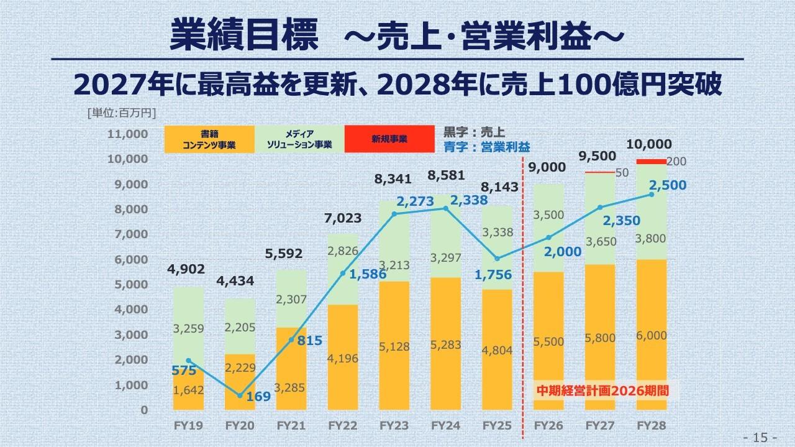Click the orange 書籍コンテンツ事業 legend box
209,139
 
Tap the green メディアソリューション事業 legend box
299,139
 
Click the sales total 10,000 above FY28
649,144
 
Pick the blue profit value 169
258,395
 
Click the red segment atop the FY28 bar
652,162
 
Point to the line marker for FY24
445,208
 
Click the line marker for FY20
240,395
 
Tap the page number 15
760,438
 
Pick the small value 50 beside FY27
622,172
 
